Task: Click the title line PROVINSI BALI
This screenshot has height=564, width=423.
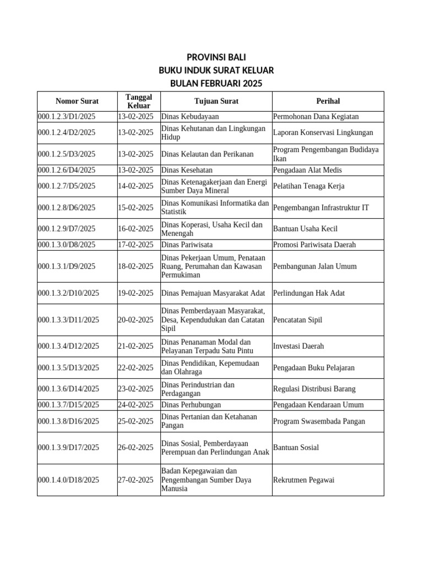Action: click(x=216, y=58)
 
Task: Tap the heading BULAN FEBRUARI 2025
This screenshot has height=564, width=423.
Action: click(x=216, y=84)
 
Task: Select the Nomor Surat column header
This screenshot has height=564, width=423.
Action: click(x=77, y=101)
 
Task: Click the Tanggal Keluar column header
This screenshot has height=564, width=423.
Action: click(x=139, y=101)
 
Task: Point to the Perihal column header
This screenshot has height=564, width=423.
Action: click(x=328, y=101)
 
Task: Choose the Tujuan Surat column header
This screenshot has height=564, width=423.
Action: click(x=216, y=101)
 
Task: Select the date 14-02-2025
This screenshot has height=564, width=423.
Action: click(x=135, y=186)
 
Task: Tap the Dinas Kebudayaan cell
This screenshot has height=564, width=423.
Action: click(x=190, y=117)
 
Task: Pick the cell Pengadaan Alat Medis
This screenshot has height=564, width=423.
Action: click(x=309, y=170)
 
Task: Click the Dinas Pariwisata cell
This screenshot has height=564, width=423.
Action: click(x=187, y=245)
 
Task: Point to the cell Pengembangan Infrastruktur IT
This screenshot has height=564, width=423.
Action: click(x=321, y=208)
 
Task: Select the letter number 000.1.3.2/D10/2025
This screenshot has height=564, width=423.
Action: click(x=68, y=293)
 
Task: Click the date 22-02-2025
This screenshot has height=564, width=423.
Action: click(x=135, y=368)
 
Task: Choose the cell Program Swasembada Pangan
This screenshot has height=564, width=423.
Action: click(x=319, y=421)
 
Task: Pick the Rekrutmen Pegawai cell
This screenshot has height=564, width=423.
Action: click(x=304, y=480)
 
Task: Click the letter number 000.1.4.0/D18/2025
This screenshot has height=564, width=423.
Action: click(x=68, y=480)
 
